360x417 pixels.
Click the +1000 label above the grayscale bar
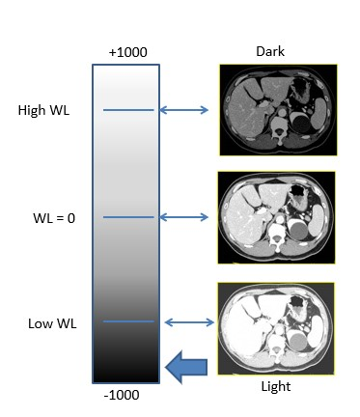click(x=127, y=52)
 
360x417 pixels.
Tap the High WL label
click(x=43, y=110)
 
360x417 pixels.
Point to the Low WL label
click(x=46, y=321)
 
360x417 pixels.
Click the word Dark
click(x=269, y=50)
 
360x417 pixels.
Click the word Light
click(x=272, y=387)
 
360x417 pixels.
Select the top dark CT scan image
click(x=277, y=109)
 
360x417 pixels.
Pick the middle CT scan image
click(x=277, y=217)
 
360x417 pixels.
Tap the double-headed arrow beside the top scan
click(x=184, y=110)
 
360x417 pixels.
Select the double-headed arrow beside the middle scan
click(x=184, y=217)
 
